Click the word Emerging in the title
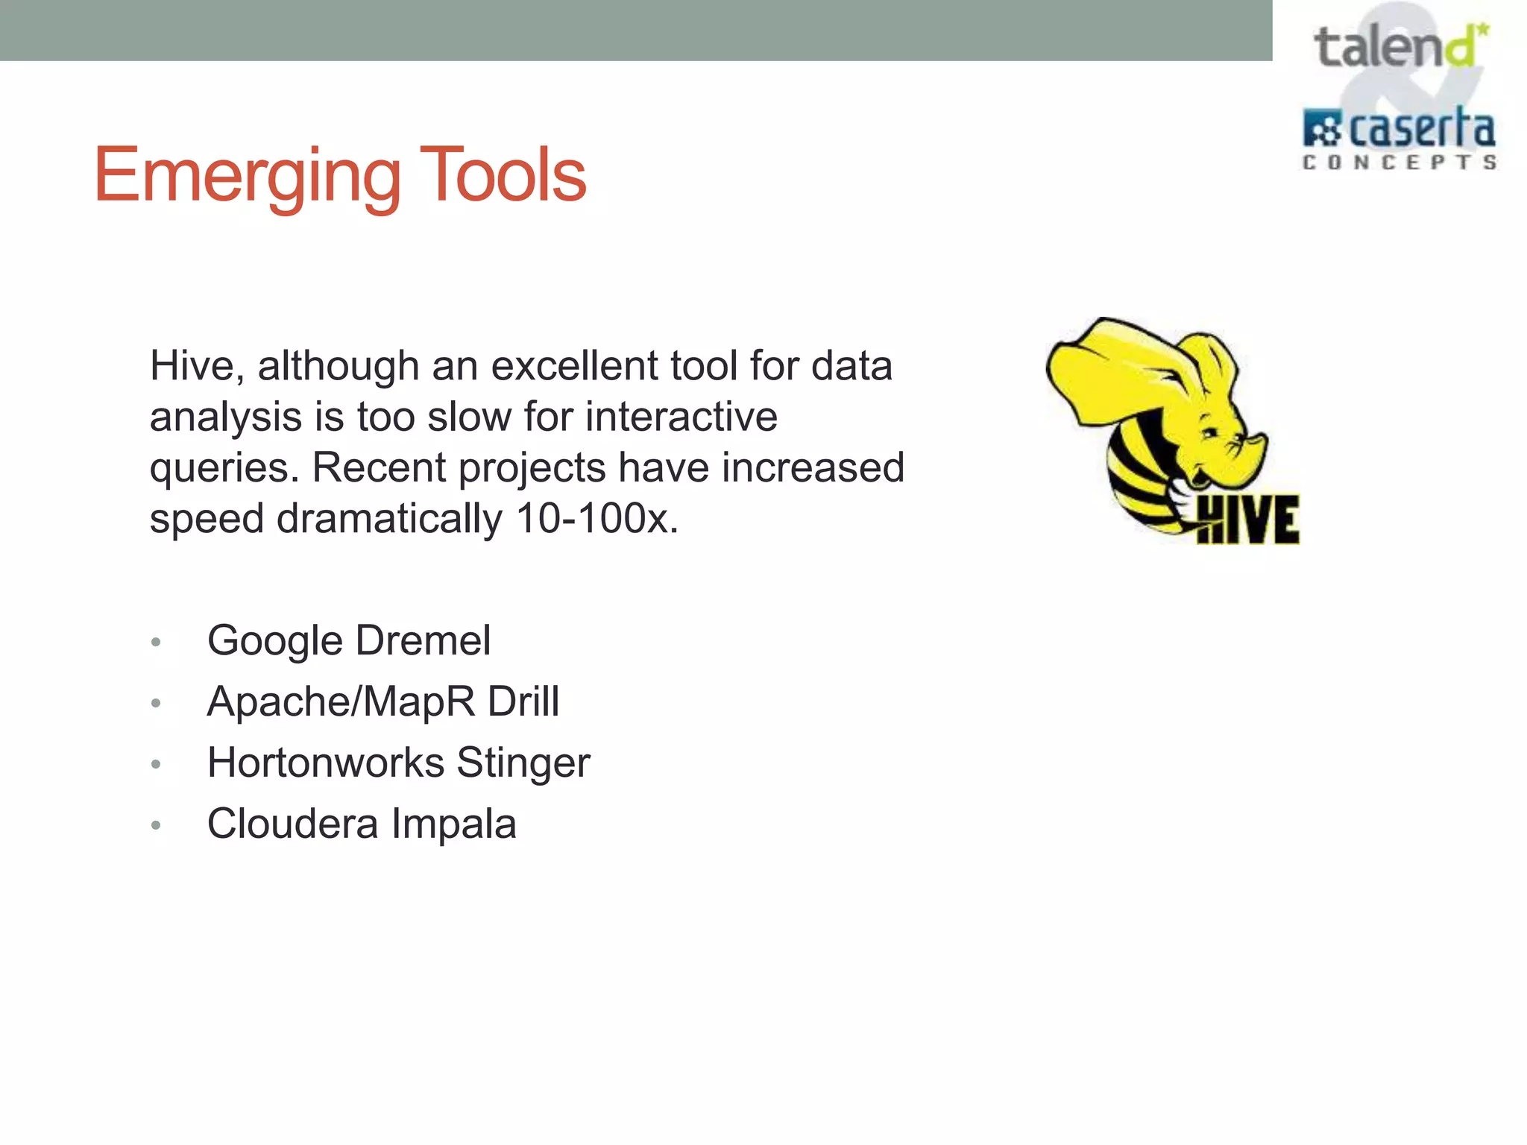pyautogui.click(x=246, y=176)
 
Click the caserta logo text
pyautogui.click(x=1420, y=130)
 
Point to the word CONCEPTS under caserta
pyautogui.click(x=1399, y=163)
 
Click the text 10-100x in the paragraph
pyautogui.click(x=596, y=519)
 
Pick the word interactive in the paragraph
pyautogui.click(x=681, y=417)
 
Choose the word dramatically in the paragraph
pyautogui.click(x=389, y=519)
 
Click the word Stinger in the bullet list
pyautogui.click(x=523, y=763)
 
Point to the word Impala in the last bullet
pyautogui.click(x=453, y=824)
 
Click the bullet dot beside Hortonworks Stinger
pyautogui.click(x=156, y=764)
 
